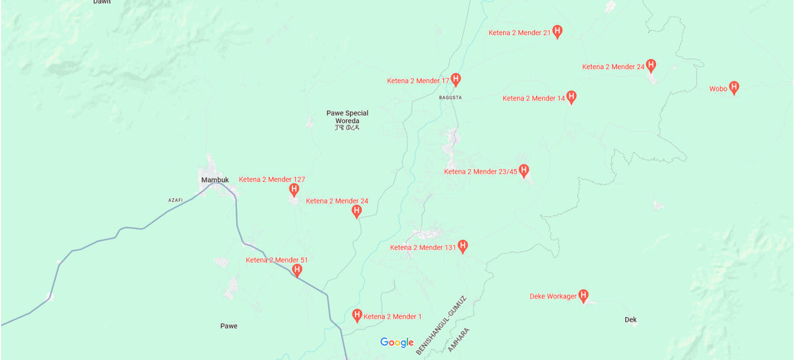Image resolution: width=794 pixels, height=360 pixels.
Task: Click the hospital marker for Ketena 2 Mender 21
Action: (x=557, y=31)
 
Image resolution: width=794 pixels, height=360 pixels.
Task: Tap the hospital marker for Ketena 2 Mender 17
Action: (x=455, y=79)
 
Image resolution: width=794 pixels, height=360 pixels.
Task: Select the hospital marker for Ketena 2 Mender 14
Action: (x=571, y=97)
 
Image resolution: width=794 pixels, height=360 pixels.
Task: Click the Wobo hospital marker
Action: (x=734, y=87)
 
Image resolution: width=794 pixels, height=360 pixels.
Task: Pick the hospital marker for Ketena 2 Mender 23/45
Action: (x=523, y=170)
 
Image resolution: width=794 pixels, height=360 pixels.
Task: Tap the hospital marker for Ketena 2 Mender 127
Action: (x=294, y=189)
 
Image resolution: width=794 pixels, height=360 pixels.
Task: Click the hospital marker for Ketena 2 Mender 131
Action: (x=462, y=246)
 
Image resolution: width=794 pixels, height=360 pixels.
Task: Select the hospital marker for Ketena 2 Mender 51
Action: (x=297, y=270)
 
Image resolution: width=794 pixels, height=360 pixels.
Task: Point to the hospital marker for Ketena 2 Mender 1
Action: (x=357, y=315)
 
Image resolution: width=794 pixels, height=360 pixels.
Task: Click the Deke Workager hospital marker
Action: (x=583, y=295)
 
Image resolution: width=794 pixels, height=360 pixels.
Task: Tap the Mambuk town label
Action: (x=215, y=180)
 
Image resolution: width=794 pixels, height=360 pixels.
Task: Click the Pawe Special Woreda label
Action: (x=347, y=117)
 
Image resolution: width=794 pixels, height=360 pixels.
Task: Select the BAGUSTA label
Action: (x=450, y=98)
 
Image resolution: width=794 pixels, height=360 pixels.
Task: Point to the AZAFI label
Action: (x=176, y=200)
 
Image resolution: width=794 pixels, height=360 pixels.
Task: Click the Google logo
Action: (x=397, y=342)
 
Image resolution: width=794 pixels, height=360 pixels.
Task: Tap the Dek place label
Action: (x=631, y=320)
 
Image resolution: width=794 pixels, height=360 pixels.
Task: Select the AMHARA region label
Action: (x=459, y=340)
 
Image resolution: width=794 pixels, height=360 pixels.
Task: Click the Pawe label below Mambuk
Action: (x=228, y=326)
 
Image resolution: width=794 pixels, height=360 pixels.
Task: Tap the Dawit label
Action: (x=102, y=2)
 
